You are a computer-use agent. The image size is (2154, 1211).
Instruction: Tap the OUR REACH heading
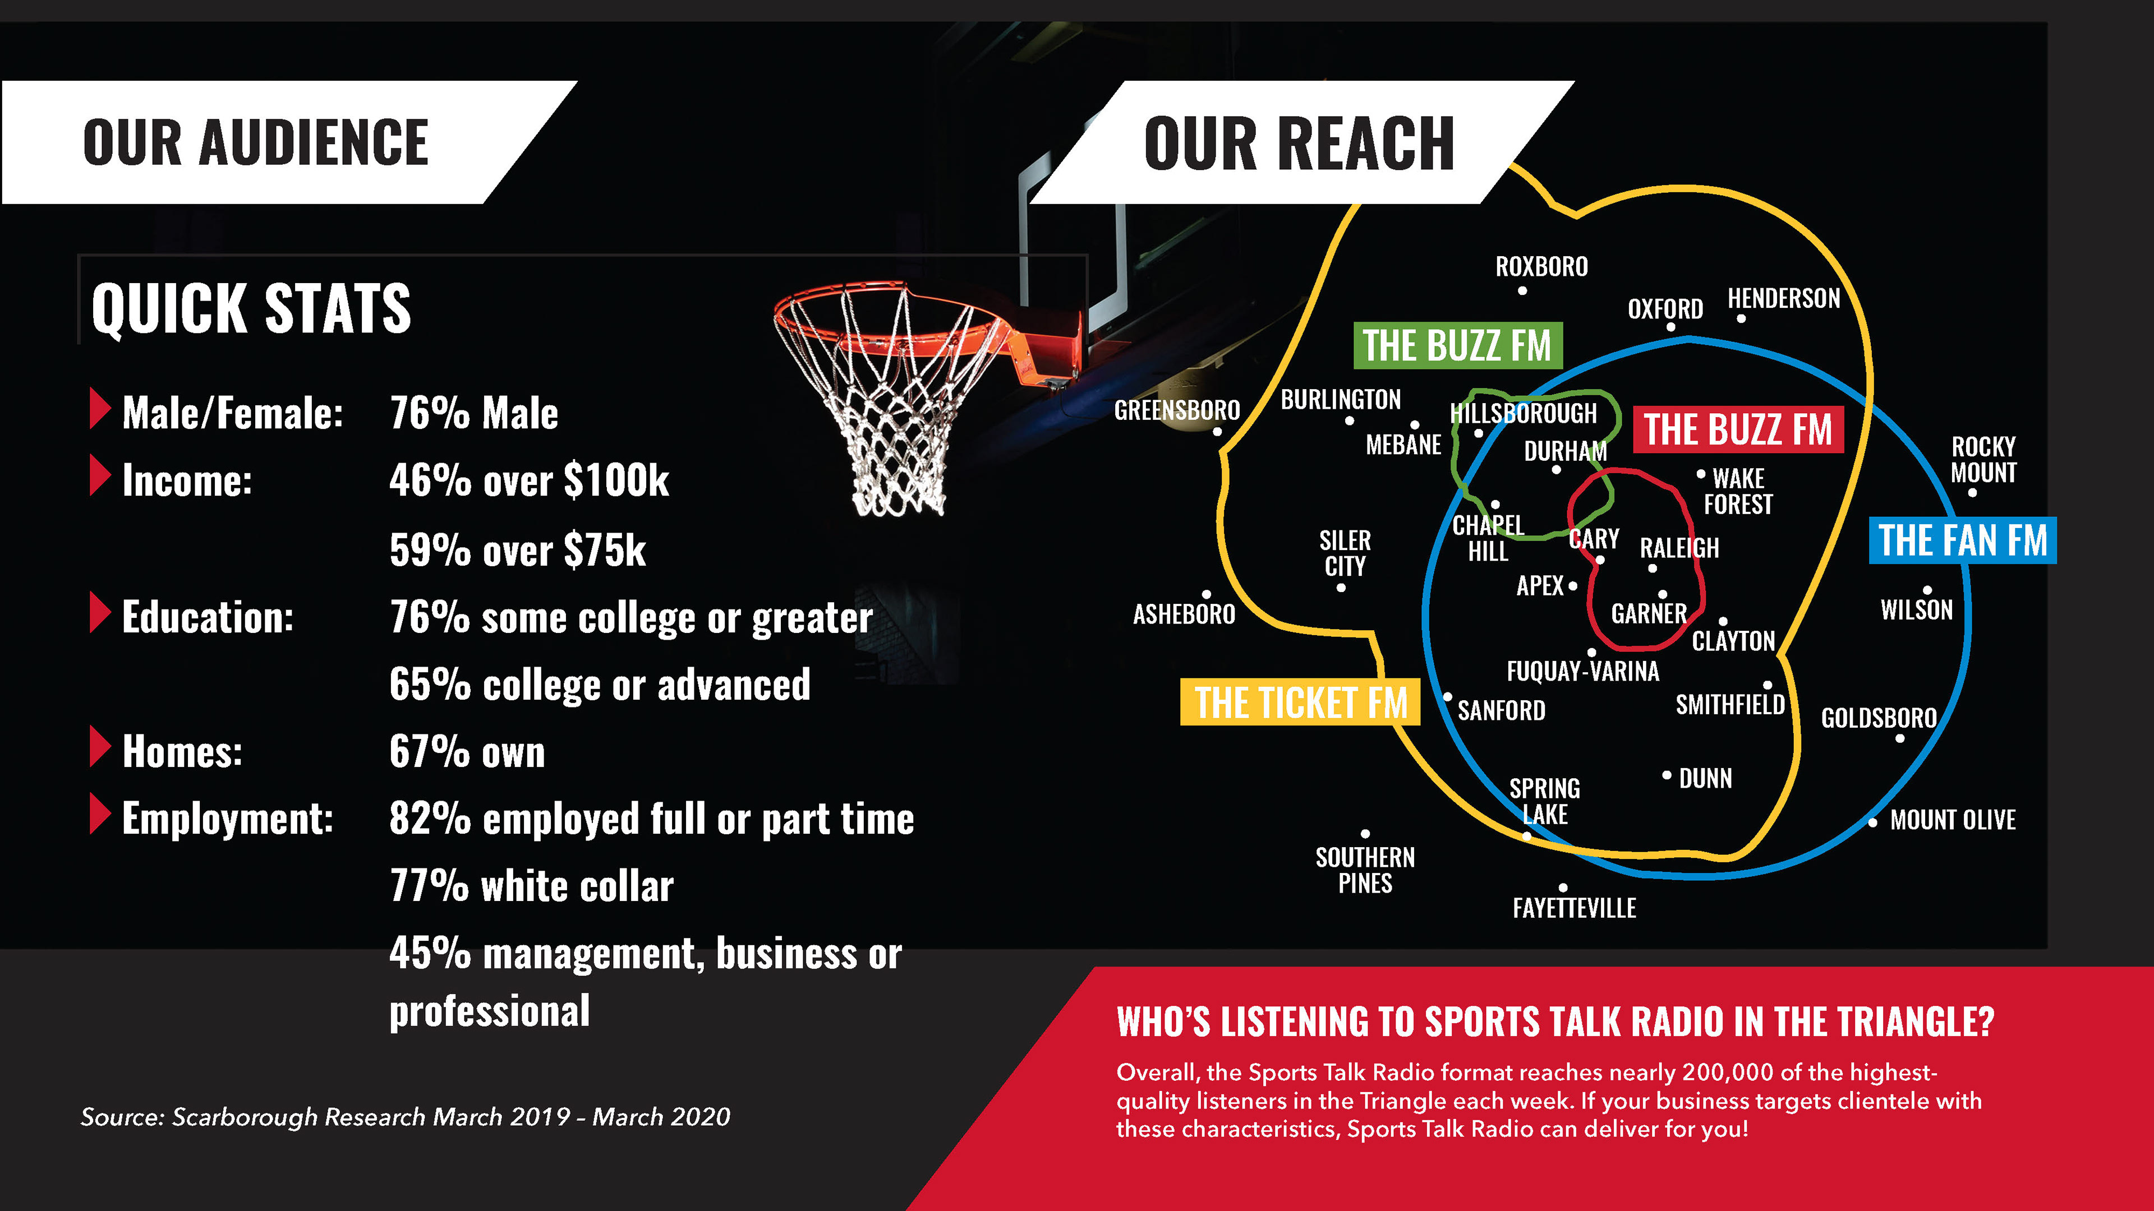pos(1299,144)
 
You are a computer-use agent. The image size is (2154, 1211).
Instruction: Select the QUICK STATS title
pos(251,308)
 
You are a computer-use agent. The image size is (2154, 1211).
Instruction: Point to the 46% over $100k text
pos(528,480)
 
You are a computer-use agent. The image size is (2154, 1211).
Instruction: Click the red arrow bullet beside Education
pos(99,613)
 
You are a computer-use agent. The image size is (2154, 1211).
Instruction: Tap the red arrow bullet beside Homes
pos(99,746)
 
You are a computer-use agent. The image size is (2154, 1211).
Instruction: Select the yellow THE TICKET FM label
pos(1300,702)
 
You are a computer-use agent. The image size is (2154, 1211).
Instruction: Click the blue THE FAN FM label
pos(1962,540)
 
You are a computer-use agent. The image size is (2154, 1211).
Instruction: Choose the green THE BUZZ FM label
pos(1457,346)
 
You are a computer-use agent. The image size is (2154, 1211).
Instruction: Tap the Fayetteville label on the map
pos(1573,908)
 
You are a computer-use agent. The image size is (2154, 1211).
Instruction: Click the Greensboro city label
pos(1176,410)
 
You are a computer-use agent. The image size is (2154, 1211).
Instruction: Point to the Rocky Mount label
pos(1982,460)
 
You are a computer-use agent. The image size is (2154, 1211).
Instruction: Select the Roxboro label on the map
pos(1541,267)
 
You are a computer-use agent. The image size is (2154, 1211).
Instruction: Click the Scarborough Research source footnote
pos(404,1117)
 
